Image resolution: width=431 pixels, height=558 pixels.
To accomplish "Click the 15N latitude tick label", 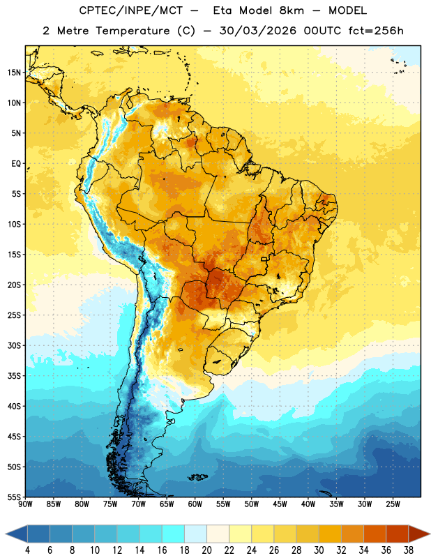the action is coord(14,73).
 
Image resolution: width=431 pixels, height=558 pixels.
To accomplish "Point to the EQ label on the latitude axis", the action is coord(16,164).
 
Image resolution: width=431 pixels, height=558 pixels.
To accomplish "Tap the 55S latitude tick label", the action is coord(14,497).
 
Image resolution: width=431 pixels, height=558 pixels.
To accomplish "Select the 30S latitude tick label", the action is coord(14,345).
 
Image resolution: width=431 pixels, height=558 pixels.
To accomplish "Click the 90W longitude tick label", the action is coord(25,504).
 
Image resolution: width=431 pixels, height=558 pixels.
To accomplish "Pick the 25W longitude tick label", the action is coord(393,504).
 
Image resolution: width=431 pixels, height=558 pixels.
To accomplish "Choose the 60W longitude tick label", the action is coord(195,504).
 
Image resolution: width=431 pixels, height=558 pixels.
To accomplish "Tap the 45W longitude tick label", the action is coord(280,504).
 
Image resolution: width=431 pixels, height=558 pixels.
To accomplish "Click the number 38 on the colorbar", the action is coord(409,550).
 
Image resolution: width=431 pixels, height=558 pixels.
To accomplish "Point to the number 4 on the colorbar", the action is coord(27,550).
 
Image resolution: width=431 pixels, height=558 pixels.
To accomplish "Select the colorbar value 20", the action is coord(206,550).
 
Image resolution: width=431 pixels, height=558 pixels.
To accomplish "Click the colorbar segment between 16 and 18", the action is coord(173,534).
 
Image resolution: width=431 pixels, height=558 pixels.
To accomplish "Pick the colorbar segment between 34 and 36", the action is coord(375,534).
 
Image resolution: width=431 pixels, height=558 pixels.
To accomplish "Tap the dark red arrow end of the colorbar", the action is coord(419,534).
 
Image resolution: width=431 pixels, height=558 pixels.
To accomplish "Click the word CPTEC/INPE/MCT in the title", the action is coord(130,10).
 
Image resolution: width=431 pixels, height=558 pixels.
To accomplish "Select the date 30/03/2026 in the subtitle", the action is coord(257,31).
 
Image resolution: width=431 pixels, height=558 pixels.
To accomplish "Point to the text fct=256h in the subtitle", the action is coord(376,31).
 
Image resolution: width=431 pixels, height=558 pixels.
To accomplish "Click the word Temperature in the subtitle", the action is coord(133,31).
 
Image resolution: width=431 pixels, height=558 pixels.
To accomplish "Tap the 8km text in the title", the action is coord(292,10).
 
